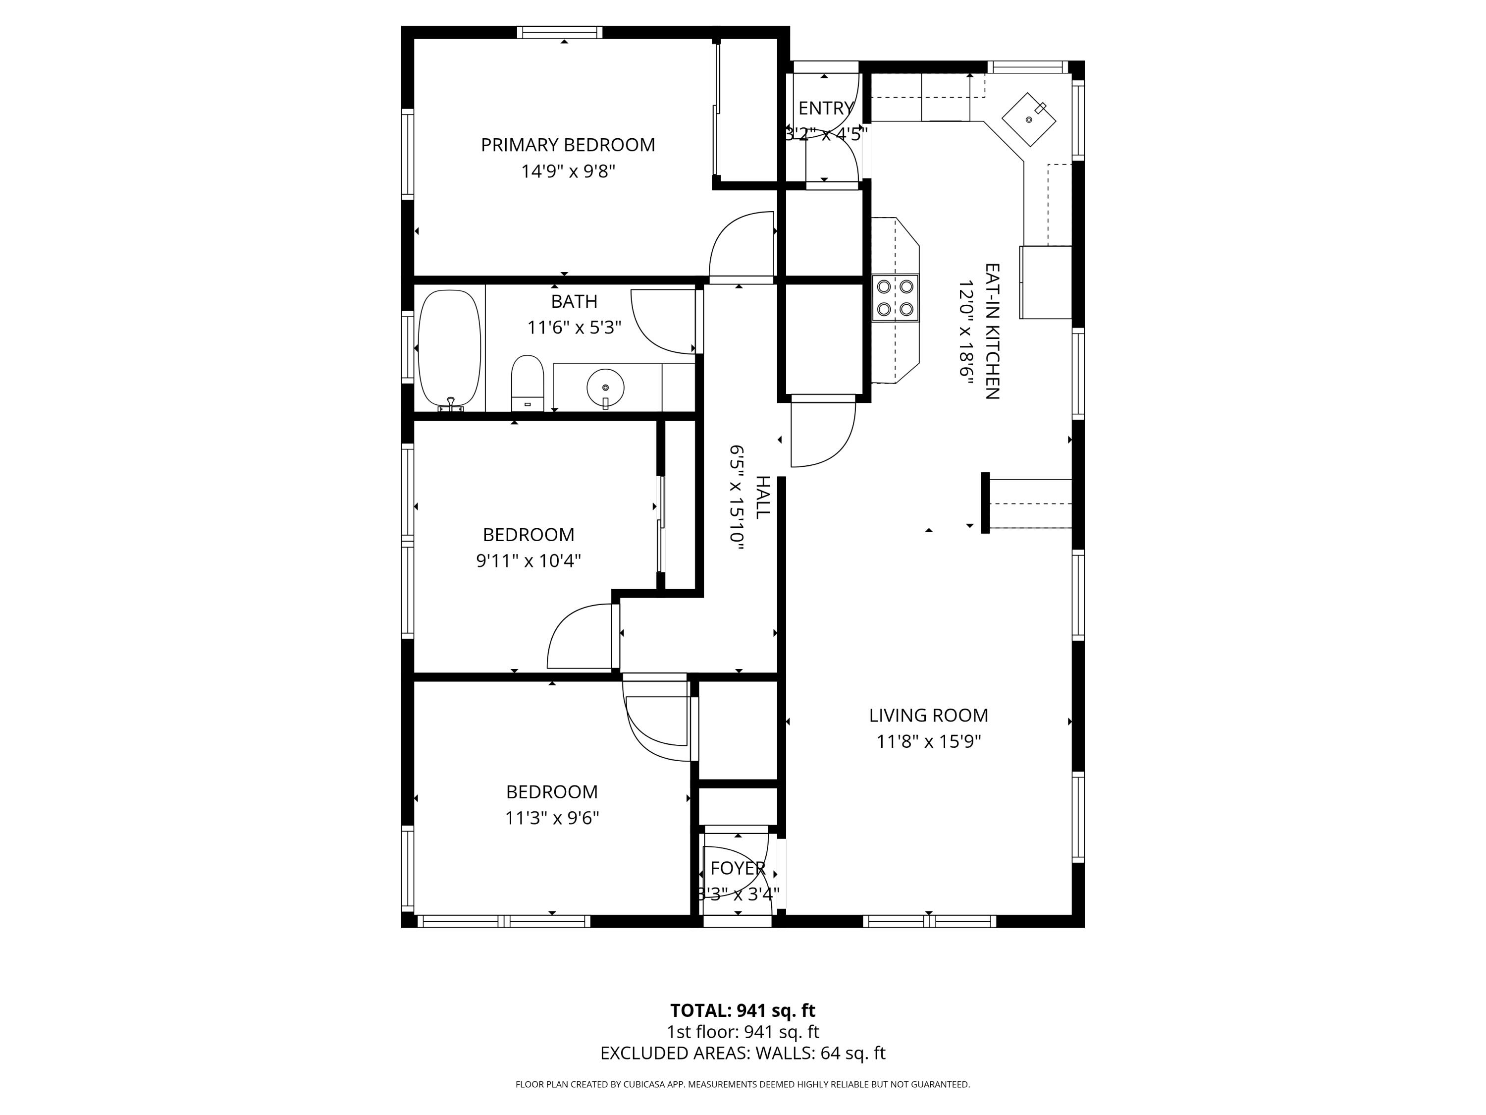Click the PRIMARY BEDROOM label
[568, 145]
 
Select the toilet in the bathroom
[528, 383]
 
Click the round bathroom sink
[605, 388]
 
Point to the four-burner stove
[895, 298]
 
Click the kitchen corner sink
[1028, 119]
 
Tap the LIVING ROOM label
[928, 716]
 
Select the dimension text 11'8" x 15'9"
[928, 742]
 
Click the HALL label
[762, 498]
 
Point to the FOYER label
[738, 868]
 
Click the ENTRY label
[826, 108]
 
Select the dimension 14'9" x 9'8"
[568, 171]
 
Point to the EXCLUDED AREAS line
[743, 1053]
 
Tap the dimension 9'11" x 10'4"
[528, 560]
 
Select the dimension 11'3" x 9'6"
[551, 818]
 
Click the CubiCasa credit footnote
[743, 1084]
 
